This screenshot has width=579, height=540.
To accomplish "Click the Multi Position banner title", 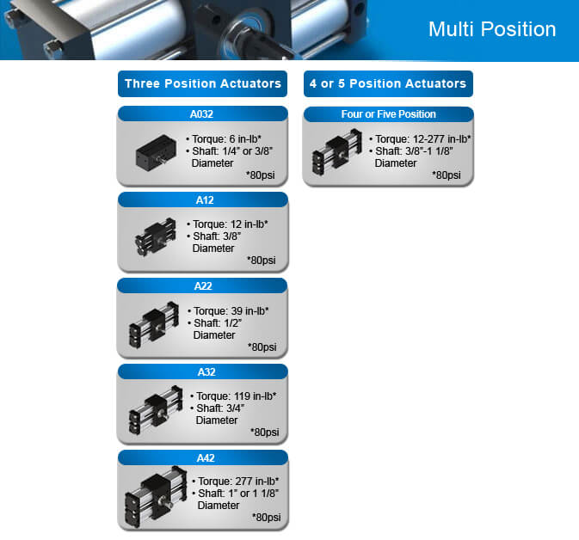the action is coord(492,29).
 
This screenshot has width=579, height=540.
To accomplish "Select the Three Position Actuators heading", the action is coord(203,83).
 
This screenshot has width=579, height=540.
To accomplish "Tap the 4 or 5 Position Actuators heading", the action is coord(388,83).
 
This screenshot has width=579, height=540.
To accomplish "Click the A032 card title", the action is coord(201,114).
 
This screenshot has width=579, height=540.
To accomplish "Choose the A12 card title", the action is coord(205,200).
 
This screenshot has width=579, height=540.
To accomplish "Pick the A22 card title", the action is coord(203,286).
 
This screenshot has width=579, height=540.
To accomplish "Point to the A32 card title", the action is coord(206,372).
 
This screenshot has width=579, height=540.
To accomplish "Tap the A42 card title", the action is coord(206,458).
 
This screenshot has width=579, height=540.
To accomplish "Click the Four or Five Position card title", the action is coord(389,114).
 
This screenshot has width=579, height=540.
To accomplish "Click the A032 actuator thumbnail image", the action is coord(157,153).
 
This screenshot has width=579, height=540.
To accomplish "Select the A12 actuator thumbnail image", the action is coord(156,236).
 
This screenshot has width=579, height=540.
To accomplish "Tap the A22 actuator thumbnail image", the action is coord(154,324).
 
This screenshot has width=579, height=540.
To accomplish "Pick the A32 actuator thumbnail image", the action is coord(156,409).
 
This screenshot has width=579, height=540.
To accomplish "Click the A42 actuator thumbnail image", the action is coord(156,497).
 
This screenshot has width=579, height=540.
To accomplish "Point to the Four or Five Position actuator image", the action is coord(337,151).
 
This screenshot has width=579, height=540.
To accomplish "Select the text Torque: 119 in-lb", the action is coord(233,396).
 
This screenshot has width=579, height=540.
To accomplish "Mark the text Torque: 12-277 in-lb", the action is coord(420,139).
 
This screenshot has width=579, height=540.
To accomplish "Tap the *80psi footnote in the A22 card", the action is coord(262,347).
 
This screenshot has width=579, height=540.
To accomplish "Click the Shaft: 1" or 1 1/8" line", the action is coord(236,493).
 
